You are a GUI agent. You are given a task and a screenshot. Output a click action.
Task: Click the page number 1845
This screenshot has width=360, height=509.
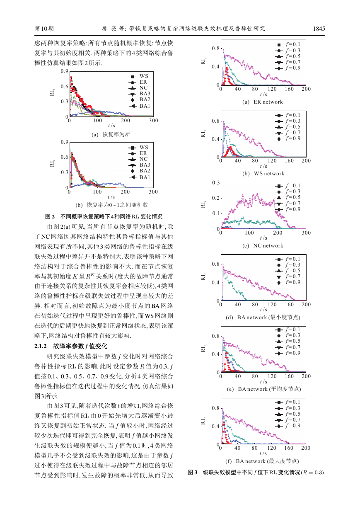pos(319,29)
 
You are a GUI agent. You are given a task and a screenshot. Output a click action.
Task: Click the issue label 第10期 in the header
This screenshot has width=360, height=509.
pos(44,29)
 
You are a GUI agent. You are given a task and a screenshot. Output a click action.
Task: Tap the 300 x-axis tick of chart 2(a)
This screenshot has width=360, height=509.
pos(154,121)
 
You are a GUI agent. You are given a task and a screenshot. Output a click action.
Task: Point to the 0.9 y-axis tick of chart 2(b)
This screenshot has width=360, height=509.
pos(65,142)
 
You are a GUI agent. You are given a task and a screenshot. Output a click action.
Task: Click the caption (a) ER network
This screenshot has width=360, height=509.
pos(263,102)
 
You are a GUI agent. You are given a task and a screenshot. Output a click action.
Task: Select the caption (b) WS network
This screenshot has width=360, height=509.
pos(263,174)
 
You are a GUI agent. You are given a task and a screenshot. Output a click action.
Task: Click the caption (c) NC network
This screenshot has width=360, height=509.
pos(263,246)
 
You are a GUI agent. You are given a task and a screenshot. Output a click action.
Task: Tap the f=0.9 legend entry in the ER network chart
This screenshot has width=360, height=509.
pos(288,68)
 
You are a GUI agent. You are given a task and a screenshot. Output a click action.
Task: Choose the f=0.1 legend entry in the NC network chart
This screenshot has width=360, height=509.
pos(288,186)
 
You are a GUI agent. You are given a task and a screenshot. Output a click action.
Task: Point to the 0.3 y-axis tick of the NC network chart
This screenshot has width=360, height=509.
pos(216,183)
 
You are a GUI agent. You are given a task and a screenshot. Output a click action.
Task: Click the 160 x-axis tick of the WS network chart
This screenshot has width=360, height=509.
pos(289,161)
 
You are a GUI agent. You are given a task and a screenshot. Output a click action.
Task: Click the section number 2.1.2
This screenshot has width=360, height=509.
pos(41,346)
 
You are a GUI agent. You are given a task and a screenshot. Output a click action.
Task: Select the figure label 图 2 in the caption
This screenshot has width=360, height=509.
pos(50,216)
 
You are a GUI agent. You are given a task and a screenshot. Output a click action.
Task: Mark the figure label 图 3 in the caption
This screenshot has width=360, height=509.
pos(192,473)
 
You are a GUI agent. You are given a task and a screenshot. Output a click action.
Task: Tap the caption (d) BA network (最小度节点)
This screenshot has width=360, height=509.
pos(263,318)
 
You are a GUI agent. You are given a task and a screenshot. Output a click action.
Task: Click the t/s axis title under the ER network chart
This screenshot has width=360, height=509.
pos(263,95)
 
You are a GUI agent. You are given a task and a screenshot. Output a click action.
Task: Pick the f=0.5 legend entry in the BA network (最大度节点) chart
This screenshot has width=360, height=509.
pos(288,414)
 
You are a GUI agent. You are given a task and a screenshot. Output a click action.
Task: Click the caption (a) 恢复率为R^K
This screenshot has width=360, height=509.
pos(111,134)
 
